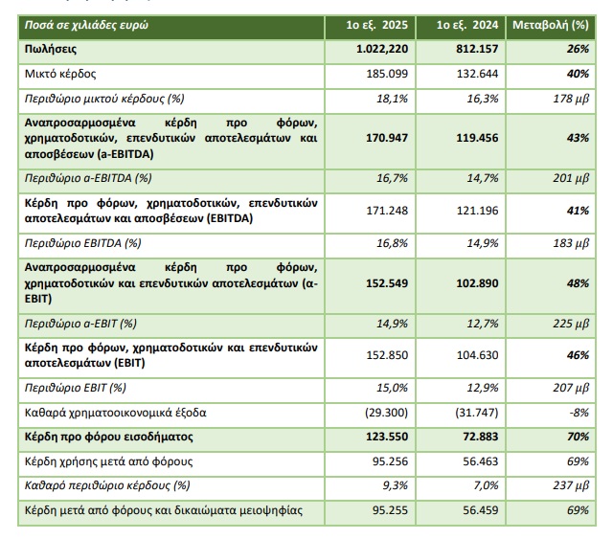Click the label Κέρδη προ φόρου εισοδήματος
[x=112, y=437]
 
